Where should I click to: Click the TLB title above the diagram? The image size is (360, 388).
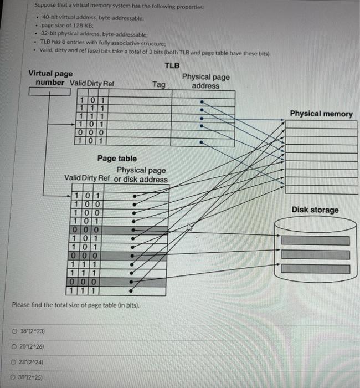tap(172, 65)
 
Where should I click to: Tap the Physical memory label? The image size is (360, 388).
tap(321, 114)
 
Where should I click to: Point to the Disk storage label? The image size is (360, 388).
tap(315, 210)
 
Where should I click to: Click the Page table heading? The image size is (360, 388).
tap(117, 159)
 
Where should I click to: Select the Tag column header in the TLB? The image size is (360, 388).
tap(159, 84)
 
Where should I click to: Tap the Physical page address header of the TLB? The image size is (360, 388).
tap(205, 81)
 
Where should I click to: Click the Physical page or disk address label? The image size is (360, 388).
tap(141, 175)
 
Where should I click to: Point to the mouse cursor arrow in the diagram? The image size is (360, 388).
tap(190, 227)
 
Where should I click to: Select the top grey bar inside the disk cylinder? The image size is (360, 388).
tap(315, 241)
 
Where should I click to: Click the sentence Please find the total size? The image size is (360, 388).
tap(76, 305)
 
